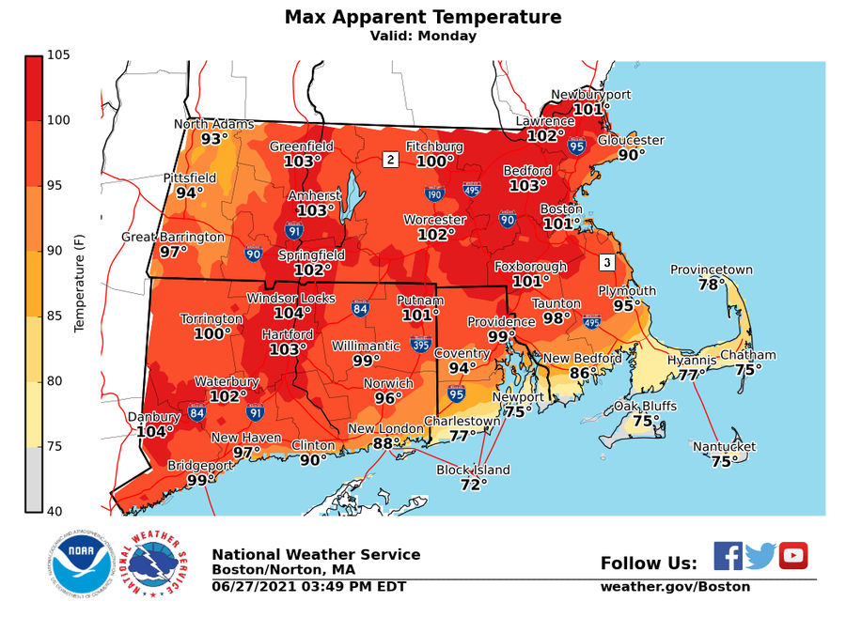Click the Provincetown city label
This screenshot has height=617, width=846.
click(711, 270)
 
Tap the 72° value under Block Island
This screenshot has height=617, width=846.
click(473, 485)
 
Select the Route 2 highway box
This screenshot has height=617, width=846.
click(390, 160)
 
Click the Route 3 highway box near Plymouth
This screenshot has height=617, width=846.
click(607, 262)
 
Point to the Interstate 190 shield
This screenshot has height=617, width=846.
click(433, 194)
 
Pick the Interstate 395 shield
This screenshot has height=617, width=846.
click(421, 345)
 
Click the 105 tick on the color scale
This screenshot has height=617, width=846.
click(58, 55)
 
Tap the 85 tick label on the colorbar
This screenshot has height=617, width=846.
click(58, 316)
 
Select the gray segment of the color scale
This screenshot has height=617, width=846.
click(34, 479)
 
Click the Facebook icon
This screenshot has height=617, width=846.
click(728, 556)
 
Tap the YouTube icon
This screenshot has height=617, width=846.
click(793, 556)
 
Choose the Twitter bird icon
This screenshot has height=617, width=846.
click(760, 556)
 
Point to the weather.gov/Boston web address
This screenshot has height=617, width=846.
click(675, 587)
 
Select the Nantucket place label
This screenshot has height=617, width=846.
click(724, 447)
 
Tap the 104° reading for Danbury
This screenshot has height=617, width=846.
click(154, 432)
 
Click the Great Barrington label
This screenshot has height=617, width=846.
click(173, 237)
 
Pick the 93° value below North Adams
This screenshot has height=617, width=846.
click(214, 139)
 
